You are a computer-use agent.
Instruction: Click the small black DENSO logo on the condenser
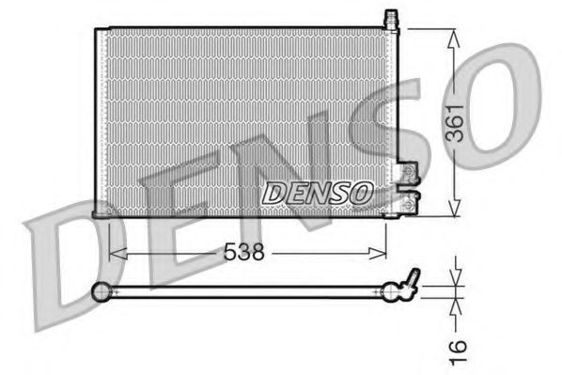click(x=317, y=193)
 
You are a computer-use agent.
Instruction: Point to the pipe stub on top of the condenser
click(x=392, y=19)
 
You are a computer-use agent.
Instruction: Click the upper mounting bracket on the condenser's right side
click(x=408, y=173)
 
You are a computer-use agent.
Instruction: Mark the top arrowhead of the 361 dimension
click(x=454, y=35)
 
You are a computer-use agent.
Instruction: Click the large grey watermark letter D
click(x=66, y=254)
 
